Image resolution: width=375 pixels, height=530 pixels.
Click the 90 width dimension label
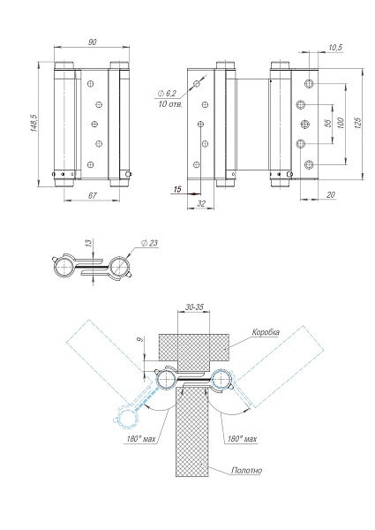pyautogui.click(x=93, y=42)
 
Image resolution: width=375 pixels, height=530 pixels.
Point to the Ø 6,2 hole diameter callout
pyautogui.click(x=168, y=93)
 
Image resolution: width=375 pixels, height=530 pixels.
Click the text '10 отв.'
pyautogui.click(x=170, y=104)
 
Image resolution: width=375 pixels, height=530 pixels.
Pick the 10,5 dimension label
pyautogui.click(x=335, y=47)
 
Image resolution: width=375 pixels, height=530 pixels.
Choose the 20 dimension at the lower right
pyautogui.click(x=329, y=195)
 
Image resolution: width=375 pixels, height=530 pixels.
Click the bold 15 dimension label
pyautogui.click(x=177, y=189)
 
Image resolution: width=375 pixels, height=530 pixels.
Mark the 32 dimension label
pyautogui.click(x=202, y=202)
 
